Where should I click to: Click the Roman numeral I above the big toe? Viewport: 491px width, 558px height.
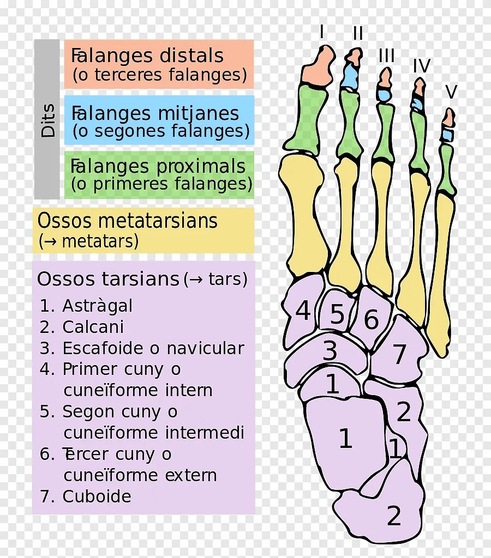322,32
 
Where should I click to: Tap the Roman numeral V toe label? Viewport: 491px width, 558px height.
451,92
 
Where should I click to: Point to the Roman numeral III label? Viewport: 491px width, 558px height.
386,56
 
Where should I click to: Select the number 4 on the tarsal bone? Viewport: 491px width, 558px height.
303,311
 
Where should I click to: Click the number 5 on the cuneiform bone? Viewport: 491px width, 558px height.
337,315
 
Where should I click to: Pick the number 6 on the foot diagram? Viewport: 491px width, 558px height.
371,320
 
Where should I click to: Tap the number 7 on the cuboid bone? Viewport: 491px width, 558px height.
400,355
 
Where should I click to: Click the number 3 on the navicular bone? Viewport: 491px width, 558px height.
330,351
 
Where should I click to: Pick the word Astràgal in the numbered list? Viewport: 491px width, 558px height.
98,306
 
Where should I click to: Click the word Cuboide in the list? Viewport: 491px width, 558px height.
97,496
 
